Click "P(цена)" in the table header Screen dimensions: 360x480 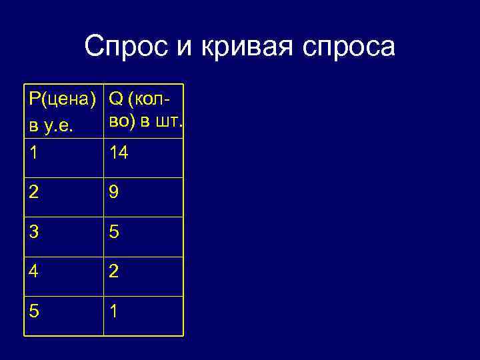click(x=63, y=99)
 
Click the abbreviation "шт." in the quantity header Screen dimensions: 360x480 click(x=170, y=122)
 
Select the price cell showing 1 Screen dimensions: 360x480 click(x=33, y=153)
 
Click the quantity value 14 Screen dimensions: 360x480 click(x=119, y=153)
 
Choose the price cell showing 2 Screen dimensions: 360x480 click(x=34, y=193)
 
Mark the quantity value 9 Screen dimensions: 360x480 click(x=115, y=193)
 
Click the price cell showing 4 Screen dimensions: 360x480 click(x=34, y=272)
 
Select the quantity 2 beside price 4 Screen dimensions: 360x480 click(x=115, y=272)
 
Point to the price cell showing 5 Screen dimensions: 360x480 click(x=34, y=311)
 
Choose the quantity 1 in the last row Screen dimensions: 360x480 click(x=114, y=311)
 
